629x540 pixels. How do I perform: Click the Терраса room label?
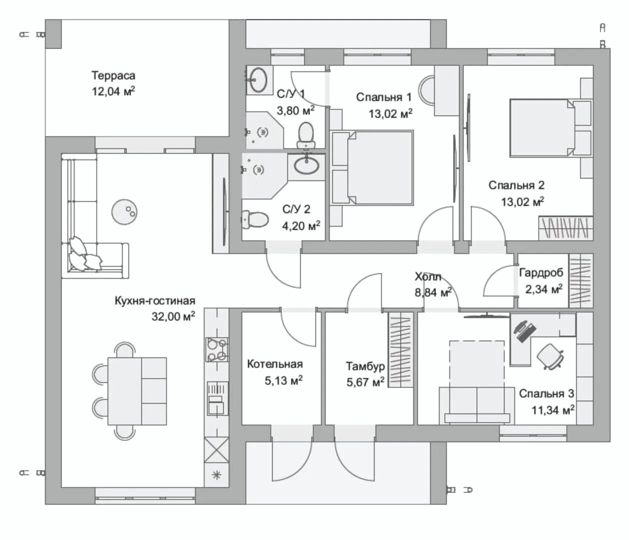pyautogui.click(x=113, y=75)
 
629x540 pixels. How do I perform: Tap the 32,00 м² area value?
pyautogui.click(x=173, y=316)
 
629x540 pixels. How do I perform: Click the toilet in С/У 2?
pyautogui.click(x=255, y=219)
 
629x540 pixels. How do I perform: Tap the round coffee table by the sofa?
pyautogui.click(x=124, y=212)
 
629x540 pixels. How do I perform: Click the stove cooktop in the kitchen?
pyautogui.click(x=217, y=349)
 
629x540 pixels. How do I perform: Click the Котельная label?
pyautogui.click(x=275, y=364)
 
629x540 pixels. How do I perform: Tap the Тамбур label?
pyautogui.click(x=365, y=366)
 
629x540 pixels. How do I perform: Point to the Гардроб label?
pyautogui.click(x=541, y=272)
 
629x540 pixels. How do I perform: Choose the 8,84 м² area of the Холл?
pyautogui.click(x=433, y=292)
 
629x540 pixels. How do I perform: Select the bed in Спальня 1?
pyautogui.click(x=372, y=167)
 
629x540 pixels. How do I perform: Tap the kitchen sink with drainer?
pyautogui.click(x=217, y=398)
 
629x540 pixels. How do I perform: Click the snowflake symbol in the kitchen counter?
pyautogui.click(x=216, y=475)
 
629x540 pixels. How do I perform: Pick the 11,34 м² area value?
pyautogui.click(x=553, y=410)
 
